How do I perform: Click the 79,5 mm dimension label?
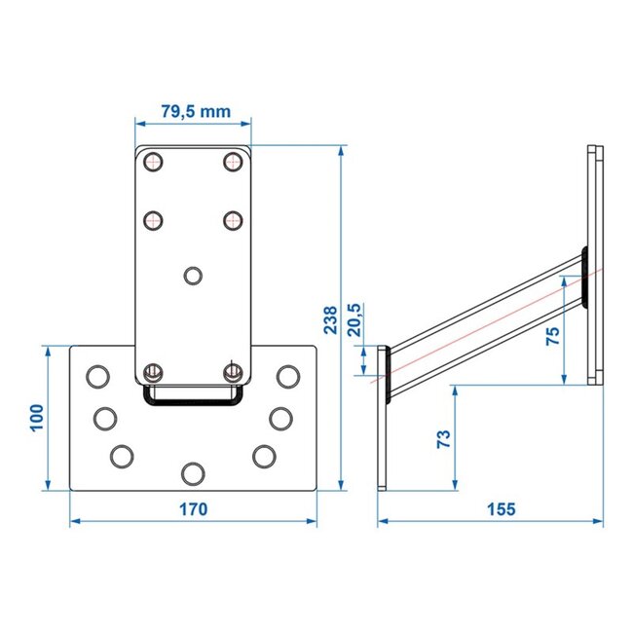195,111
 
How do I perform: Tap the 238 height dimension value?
330,318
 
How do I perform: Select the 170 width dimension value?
194,508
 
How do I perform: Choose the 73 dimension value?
442,438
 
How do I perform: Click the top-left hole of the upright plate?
152,162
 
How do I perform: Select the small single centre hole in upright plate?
193,275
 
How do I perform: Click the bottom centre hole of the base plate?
192,473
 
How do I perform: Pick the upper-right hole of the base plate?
286,375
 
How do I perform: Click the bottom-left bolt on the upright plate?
152,372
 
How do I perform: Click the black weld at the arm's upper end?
584,277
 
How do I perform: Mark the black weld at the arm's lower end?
388,372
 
